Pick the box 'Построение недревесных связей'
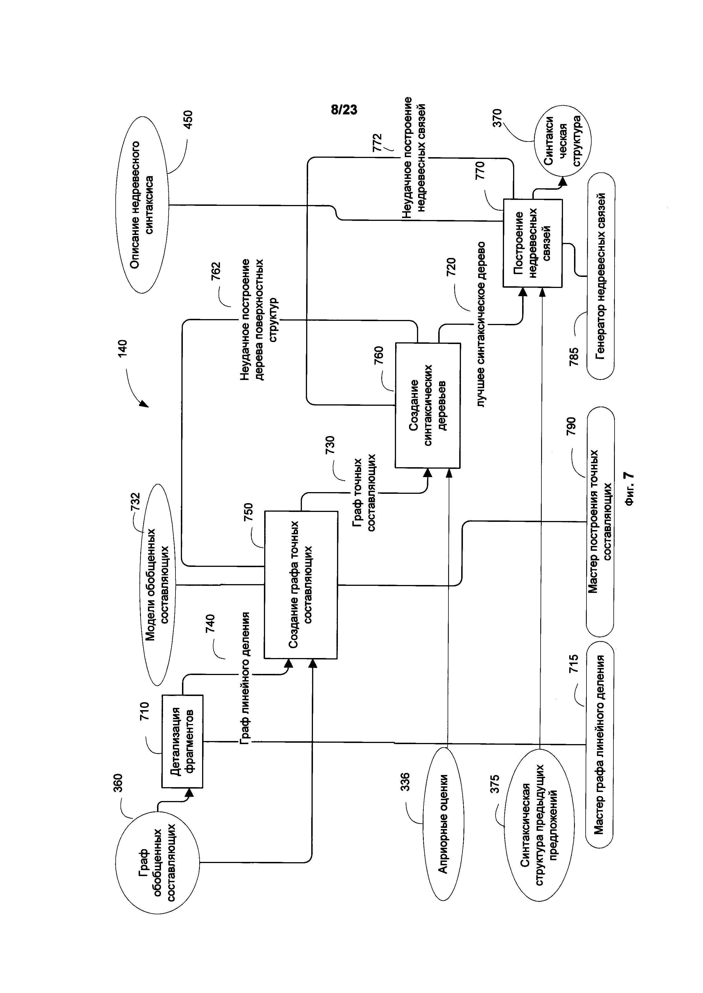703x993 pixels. (x=532, y=243)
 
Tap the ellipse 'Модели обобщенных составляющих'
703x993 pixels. (x=157, y=584)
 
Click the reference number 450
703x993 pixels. (x=188, y=120)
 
